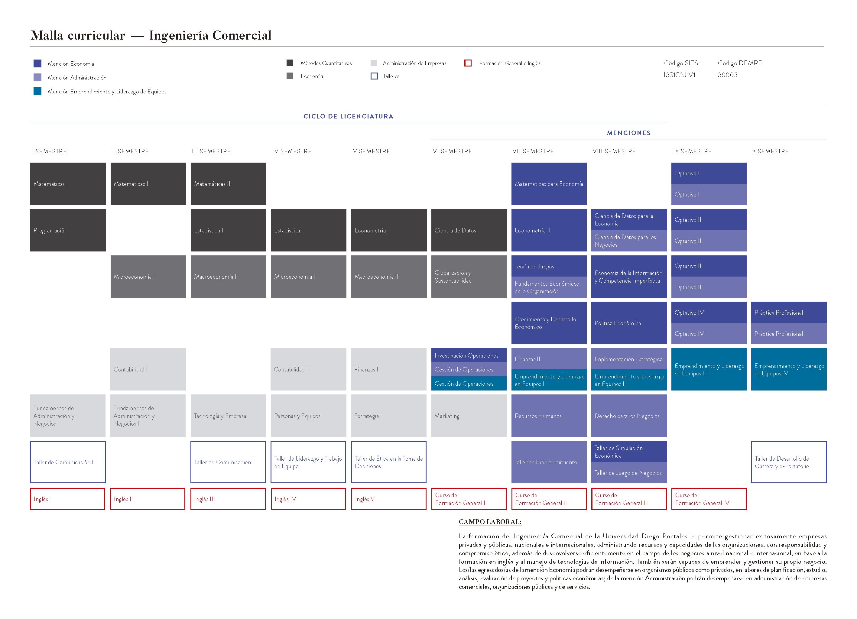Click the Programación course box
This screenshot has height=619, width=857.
[68, 230]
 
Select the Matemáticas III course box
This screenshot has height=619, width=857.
[228, 184]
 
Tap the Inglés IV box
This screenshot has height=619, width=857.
[308, 499]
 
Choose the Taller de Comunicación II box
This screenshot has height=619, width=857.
[228, 462]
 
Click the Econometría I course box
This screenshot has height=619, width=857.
[388, 230]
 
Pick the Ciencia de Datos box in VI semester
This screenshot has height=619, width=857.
[469, 230]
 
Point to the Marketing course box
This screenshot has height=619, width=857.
[469, 416]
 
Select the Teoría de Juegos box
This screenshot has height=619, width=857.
[549, 266]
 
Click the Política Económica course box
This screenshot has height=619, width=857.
[629, 323]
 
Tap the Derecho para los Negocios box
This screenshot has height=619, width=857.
[629, 416]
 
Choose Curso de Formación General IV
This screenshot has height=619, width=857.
[709, 499]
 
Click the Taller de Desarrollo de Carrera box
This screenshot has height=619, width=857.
[789, 462]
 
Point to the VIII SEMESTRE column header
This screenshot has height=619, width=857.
[614, 151]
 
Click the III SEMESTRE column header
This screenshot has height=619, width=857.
[211, 151]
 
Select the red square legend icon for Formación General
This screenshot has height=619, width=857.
[468, 63]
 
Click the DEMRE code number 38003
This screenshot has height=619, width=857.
[727, 75]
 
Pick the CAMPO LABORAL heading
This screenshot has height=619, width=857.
[490, 522]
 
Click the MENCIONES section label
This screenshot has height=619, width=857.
[628, 133]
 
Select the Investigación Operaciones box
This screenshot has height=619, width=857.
[469, 355]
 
